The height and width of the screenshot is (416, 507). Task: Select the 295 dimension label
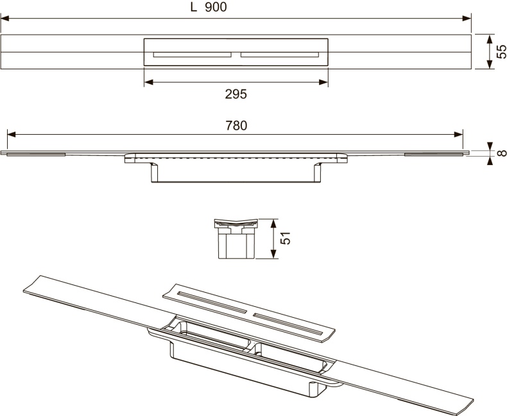point(236,94)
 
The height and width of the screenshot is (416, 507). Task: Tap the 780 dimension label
point(236,126)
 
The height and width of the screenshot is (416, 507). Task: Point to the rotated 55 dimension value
point(501,51)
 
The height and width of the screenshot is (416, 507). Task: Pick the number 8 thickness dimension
point(501,153)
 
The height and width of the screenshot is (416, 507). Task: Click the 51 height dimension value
point(287,238)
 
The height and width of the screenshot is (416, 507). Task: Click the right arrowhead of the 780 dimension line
point(460,134)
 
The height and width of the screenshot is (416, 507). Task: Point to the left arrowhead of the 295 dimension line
point(148,82)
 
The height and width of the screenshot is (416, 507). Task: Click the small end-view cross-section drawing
point(235,238)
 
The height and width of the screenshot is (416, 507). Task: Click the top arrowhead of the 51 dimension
point(274,221)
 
